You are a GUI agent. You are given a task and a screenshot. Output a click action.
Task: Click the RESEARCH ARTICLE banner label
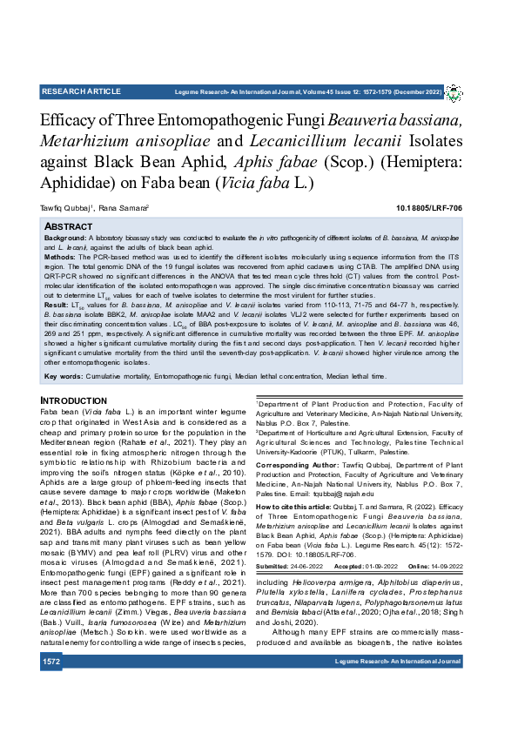pyautogui.click(x=81, y=91)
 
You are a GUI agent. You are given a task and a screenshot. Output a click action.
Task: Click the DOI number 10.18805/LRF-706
pyautogui.click(x=429, y=209)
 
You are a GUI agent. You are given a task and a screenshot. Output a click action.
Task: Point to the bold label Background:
pyautogui.click(x=65, y=238)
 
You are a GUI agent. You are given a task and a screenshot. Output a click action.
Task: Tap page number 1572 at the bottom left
pyautogui.click(x=51, y=710)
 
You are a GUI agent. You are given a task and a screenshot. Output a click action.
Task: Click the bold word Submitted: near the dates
pyautogui.click(x=272, y=566)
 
